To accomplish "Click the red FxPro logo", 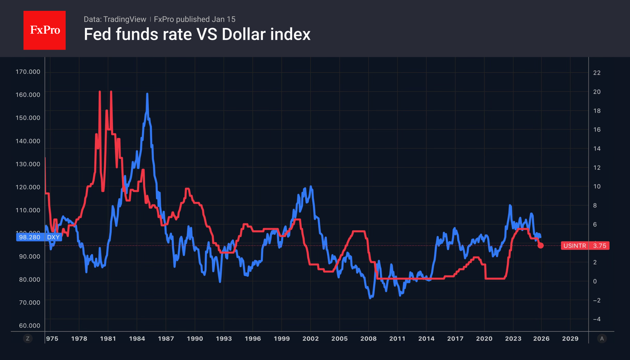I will click(45, 30).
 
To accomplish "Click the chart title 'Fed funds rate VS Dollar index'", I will click(197, 34).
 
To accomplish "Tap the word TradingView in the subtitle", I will click(124, 19).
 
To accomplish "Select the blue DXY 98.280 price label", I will click(39, 237).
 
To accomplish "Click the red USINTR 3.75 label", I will click(585, 246).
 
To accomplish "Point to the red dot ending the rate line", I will click(541, 246).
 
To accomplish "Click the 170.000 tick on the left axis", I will click(28, 72).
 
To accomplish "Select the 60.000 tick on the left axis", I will click(30, 325).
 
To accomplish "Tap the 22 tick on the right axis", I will click(597, 73).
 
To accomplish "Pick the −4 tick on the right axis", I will click(597, 319).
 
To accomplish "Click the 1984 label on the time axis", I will click(137, 339).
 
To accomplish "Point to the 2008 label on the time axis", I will click(368, 339).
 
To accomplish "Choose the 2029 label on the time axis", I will click(570, 339).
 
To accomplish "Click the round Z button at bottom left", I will click(28, 339).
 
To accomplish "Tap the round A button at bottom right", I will click(602, 339).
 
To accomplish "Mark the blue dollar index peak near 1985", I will click(147, 94).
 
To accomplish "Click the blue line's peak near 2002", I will click(311, 187).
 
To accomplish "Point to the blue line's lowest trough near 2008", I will click(370, 298).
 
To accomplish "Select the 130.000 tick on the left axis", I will click(28, 164).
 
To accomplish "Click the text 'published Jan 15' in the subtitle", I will click(205, 19).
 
